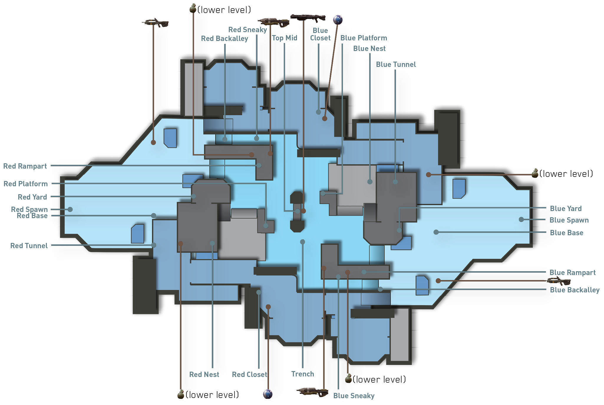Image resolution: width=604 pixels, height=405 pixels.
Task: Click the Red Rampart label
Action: point(25,166)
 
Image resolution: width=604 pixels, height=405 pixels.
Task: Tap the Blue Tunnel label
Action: point(396,65)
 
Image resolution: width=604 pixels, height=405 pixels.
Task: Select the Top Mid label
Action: point(284,38)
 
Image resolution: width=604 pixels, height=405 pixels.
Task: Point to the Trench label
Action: point(303,374)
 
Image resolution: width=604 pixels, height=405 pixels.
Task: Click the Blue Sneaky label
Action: point(354,396)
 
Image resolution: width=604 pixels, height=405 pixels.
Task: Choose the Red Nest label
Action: point(204,375)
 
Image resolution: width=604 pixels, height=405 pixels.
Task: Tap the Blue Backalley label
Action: point(575,290)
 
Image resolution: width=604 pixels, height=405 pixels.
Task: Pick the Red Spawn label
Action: point(29,209)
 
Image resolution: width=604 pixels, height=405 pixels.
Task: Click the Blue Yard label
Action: point(566,209)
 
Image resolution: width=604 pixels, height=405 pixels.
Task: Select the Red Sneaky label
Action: point(247,30)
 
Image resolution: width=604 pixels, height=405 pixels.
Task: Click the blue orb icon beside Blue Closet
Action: point(338,20)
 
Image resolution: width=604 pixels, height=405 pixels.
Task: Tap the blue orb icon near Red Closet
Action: point(268,394)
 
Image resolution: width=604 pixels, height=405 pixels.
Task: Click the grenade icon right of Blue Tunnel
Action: point(535,173)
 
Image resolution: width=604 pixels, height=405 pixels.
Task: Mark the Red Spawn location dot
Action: point(70,210)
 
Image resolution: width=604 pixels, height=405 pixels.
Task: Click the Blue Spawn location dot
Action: point(521,220)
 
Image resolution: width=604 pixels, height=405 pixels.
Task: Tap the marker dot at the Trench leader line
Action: point(303,242)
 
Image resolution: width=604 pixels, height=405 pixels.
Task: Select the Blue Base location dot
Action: point(436,232)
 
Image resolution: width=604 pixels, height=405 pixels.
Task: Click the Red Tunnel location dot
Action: point(154,245)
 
